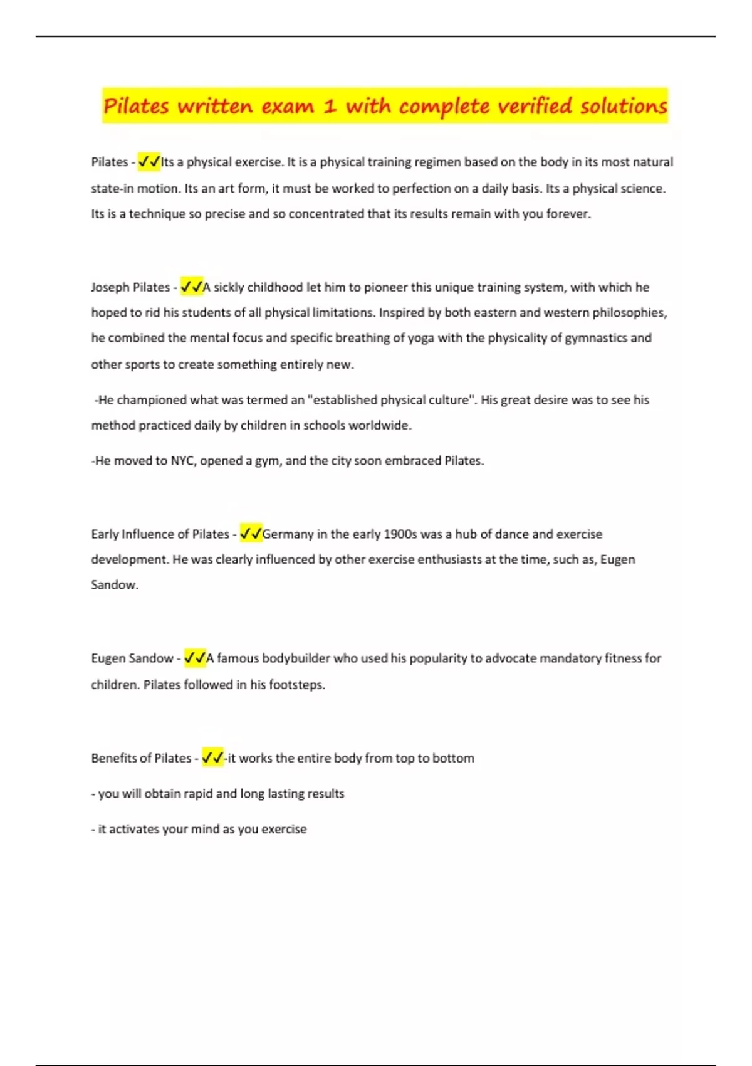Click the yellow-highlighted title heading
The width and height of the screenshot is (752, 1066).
(385, 105)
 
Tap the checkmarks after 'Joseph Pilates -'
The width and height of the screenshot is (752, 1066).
(191, 287)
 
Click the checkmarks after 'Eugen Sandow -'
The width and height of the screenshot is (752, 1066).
(195, 658)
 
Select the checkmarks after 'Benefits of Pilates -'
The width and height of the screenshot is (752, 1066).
(212, 757)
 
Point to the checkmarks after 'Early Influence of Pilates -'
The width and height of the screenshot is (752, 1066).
(251, 534)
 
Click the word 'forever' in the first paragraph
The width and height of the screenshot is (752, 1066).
(567, 214)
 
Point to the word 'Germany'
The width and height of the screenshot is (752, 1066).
(288, 534)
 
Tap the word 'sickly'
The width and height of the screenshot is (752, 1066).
(229, 287)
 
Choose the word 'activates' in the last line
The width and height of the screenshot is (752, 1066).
(134, 829)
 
